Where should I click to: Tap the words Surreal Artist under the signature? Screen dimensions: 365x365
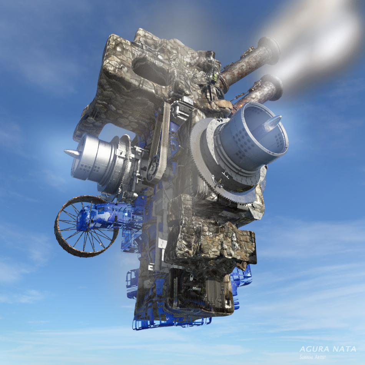pos(312,357)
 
